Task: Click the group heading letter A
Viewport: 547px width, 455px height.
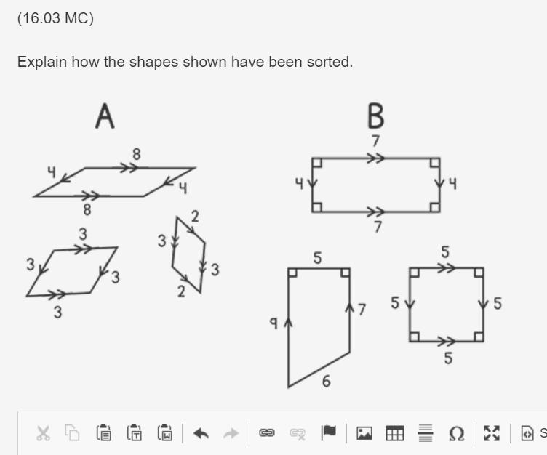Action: [x=105, y=116]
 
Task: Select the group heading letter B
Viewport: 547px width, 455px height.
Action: [x=376, y=116]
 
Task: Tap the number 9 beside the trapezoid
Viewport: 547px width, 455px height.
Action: [x=273, y=323]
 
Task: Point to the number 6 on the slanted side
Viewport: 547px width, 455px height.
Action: [x=326, y=381]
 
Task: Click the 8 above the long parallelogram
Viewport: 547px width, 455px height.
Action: [x=137, y=154]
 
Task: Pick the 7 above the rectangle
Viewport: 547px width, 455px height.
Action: [x=375, y=141]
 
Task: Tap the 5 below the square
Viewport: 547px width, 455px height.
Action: [x=448, y=358]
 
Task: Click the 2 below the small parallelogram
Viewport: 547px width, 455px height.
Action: [x=181, y=291]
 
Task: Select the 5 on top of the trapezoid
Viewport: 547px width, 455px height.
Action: [x=317, y=258]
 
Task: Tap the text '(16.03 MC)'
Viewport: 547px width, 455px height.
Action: [x=55, y=18]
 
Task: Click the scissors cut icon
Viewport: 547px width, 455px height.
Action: [x=43, y=433]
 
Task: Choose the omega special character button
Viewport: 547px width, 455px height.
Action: [x=456, y=433]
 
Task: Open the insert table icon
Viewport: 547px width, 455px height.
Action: [x=395, y=433]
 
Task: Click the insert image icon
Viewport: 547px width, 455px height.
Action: [x=364, y=433]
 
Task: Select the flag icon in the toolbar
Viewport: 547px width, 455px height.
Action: [x=328, y=432]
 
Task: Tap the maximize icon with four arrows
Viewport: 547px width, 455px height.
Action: [x=492, y=433]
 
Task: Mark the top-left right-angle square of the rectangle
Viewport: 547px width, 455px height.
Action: [x=317, y=163]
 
